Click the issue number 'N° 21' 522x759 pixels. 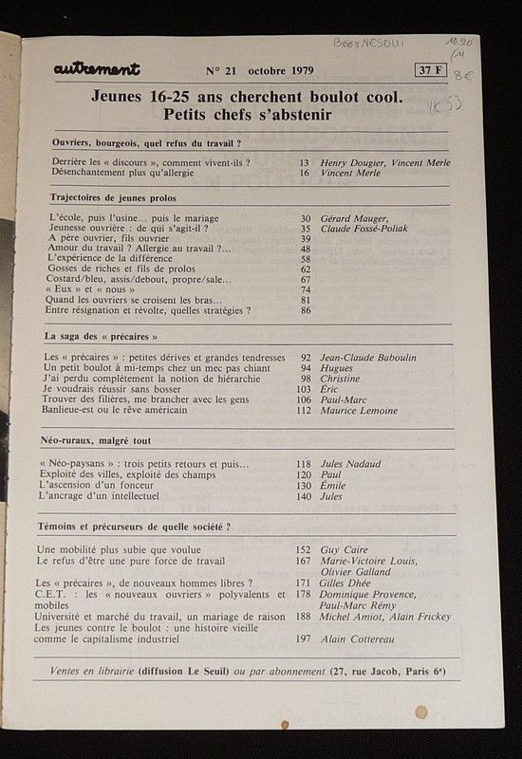(222, 70)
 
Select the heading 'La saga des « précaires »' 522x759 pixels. (103, 337)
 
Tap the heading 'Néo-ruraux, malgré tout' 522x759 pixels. (103, 441)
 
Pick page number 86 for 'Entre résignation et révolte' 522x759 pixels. (305, 310)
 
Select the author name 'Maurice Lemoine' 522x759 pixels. (358, 411)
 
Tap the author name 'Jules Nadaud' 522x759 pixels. (349, 464)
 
